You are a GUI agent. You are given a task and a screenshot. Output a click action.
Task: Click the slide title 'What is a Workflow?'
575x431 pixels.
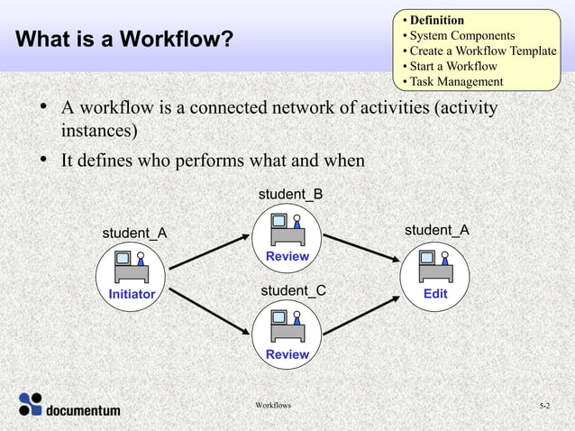coord(124,40)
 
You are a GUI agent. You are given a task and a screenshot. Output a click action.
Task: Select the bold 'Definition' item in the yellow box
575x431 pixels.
coord(437,20)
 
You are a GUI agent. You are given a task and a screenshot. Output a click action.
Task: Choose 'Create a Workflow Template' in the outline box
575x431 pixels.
coord(483,50)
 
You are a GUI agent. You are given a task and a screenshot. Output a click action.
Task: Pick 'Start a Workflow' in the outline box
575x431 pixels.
coord(453,66)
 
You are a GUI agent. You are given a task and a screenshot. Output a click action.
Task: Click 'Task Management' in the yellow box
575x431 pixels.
coord(456,82)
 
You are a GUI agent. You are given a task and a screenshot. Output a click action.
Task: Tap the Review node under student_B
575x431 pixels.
coord(287,237)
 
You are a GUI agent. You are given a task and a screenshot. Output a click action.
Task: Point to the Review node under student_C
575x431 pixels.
coord(287,335)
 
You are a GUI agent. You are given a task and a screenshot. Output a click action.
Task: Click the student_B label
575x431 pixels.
coord(290,195)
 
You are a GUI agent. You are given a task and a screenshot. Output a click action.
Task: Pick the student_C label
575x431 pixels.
coord(293,290)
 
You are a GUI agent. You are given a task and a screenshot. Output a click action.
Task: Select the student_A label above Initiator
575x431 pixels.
coord(134,234)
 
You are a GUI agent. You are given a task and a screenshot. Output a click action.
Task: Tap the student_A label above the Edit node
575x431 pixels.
coord(436,230)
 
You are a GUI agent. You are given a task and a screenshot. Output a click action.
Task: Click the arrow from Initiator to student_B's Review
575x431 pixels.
coord(209,252)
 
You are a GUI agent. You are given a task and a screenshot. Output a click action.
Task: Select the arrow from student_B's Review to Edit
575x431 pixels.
coord(361,248)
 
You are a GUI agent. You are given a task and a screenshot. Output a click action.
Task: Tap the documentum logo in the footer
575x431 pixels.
coord(69,407)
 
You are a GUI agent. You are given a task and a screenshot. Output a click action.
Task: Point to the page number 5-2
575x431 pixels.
coord(544,408)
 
